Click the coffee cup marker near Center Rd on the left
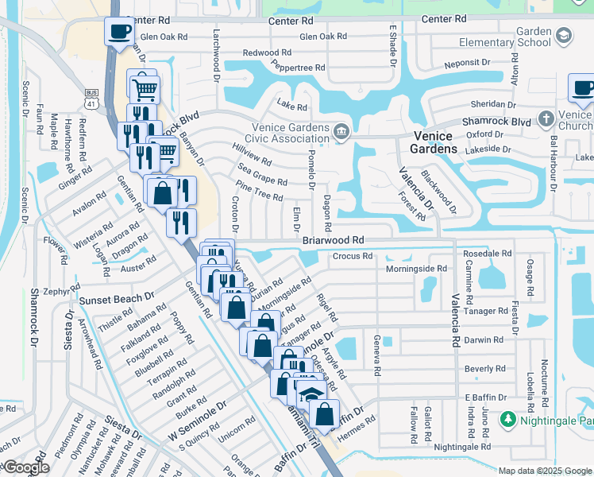120,33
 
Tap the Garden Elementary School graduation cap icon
563,36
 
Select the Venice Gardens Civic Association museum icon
341,131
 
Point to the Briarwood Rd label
333,239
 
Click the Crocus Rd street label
352,256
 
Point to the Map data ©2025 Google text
545,471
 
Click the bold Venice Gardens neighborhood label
434,142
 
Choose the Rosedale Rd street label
487,253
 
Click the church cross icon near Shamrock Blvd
546,118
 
